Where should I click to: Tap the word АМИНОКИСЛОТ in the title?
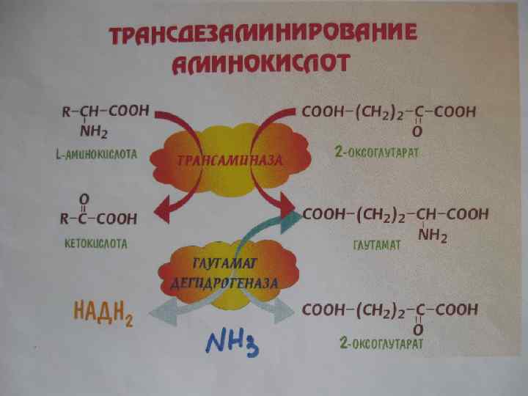tap(260, 65)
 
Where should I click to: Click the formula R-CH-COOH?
tap(104, 111)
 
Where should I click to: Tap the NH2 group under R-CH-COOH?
tap(94, 133)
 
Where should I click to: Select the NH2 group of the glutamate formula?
tap(433, 236)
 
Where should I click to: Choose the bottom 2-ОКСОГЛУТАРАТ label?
tap(381, 342)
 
